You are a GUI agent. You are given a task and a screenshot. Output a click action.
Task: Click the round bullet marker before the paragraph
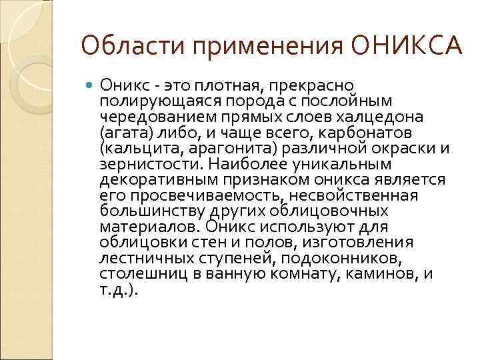point(91,85)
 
